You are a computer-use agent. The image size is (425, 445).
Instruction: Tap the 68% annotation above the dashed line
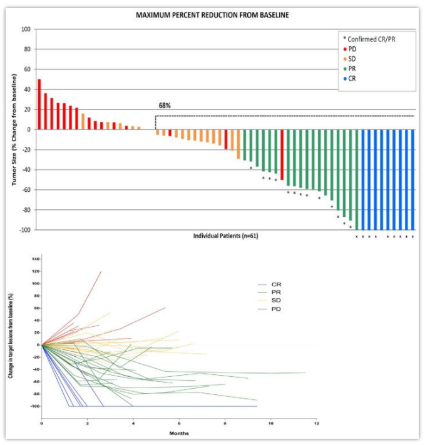click(x=165, y=106)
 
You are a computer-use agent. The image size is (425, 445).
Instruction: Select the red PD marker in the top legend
click(x=346, y=48)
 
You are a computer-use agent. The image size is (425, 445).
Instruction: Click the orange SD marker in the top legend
click(x=346, y=58)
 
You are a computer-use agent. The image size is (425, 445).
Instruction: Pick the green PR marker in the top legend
click(x=346, y=68)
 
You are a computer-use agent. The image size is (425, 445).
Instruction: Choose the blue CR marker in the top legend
click(x=346, y=78)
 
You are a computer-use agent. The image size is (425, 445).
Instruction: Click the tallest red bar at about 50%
click(x=39, y=104)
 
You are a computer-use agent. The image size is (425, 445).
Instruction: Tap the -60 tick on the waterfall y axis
click(x=24, y=190)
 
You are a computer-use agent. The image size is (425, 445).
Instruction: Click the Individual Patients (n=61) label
click(x=227, y=236)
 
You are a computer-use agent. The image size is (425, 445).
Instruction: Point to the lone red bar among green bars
click(x=282, y=154)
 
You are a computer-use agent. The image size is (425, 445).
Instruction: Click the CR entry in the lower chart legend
click(x=275, y=284)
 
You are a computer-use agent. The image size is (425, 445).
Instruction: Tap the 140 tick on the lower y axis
click(x=34, y=258)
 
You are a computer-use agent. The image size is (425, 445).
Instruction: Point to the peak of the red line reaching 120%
click(x=101, y=271)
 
